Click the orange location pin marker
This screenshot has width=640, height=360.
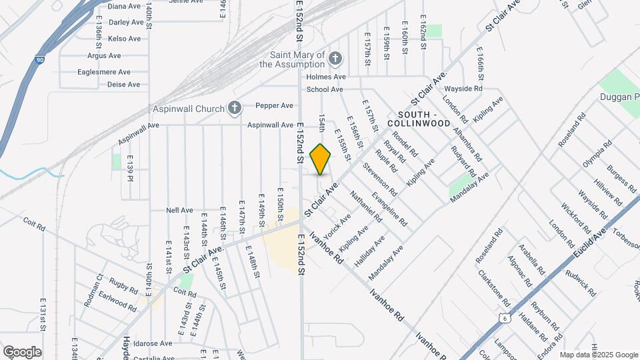click(321, 159)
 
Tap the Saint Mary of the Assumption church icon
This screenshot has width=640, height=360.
click(335, 59)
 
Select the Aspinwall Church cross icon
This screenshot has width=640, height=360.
click(234, 107)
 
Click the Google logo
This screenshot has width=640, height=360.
click(22, 352)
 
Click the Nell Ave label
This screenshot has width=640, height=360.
click(179, 210)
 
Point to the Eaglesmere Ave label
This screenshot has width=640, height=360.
click(103, 72)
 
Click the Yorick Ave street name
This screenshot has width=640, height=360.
click(337, 227)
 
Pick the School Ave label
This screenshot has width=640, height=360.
click(325, 89)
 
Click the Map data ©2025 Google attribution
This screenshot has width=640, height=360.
click(598, 355)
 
